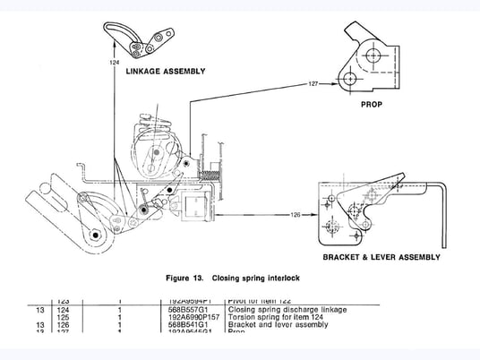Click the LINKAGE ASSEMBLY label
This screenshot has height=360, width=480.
(x=165, y=71)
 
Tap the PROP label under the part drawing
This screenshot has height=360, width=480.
(x=371, y=104)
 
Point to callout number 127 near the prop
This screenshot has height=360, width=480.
(x=313, y=83)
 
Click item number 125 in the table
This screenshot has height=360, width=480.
(x=63, y=317)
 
